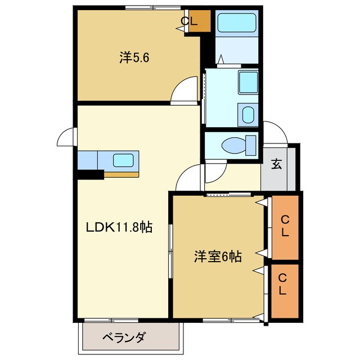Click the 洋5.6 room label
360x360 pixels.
(x=134, y=57)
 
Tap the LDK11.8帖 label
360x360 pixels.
(x=119, y=227)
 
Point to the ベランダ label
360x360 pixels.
(x=124, y=337)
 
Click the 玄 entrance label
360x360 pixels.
(x=276, y=164)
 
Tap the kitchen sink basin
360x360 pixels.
(x=123, y=160)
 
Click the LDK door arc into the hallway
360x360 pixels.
(x=188, y=179)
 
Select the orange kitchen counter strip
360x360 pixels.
(x=121, y=174)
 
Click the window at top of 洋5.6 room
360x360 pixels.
(x=148, y=7)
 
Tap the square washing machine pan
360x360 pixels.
(x=247, y=82)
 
